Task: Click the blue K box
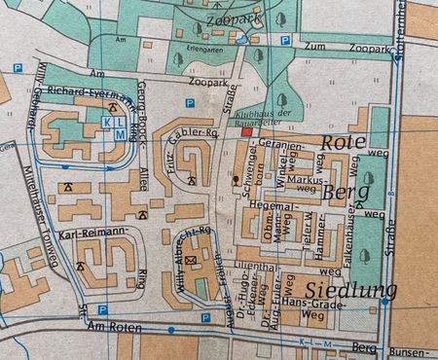(107, 124)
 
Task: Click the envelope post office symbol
(190, 260)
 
